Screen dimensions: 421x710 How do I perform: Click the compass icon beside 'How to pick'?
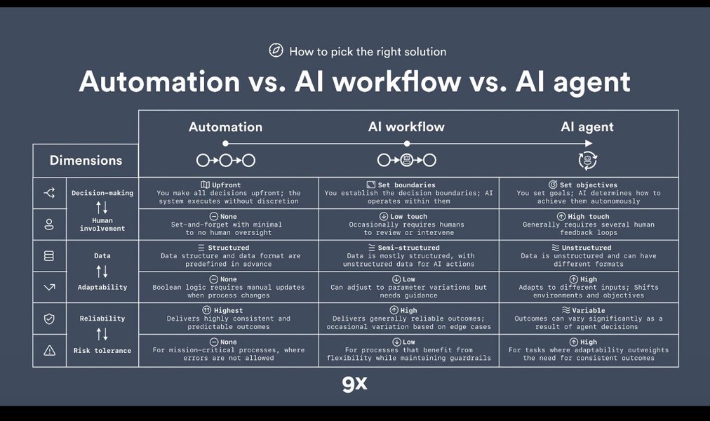(x=276, y=51)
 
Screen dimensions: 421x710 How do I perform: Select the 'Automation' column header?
(x=225, y=127)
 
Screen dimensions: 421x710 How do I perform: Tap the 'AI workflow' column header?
(x=406, y=127)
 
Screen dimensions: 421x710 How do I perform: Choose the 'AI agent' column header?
(x=587, y=127)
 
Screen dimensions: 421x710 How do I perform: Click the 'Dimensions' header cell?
(x=86, y=161)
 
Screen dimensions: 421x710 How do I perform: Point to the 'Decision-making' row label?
(x=102, y=193)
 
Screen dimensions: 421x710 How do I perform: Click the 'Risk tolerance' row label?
(x=102, y=350)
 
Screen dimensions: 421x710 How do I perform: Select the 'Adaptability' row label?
(x=102, y=287)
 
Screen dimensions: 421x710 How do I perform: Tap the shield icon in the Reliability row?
(x=49, y=319)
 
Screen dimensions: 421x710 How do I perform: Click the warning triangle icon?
(x=49, y=350)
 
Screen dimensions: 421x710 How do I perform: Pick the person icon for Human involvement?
(x=49, y=225)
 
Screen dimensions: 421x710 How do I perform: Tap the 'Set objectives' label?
(x=593, y=185)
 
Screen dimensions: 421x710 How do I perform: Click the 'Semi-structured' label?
(x=409, y=248)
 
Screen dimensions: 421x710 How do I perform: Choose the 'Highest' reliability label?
(x=229, y=310)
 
